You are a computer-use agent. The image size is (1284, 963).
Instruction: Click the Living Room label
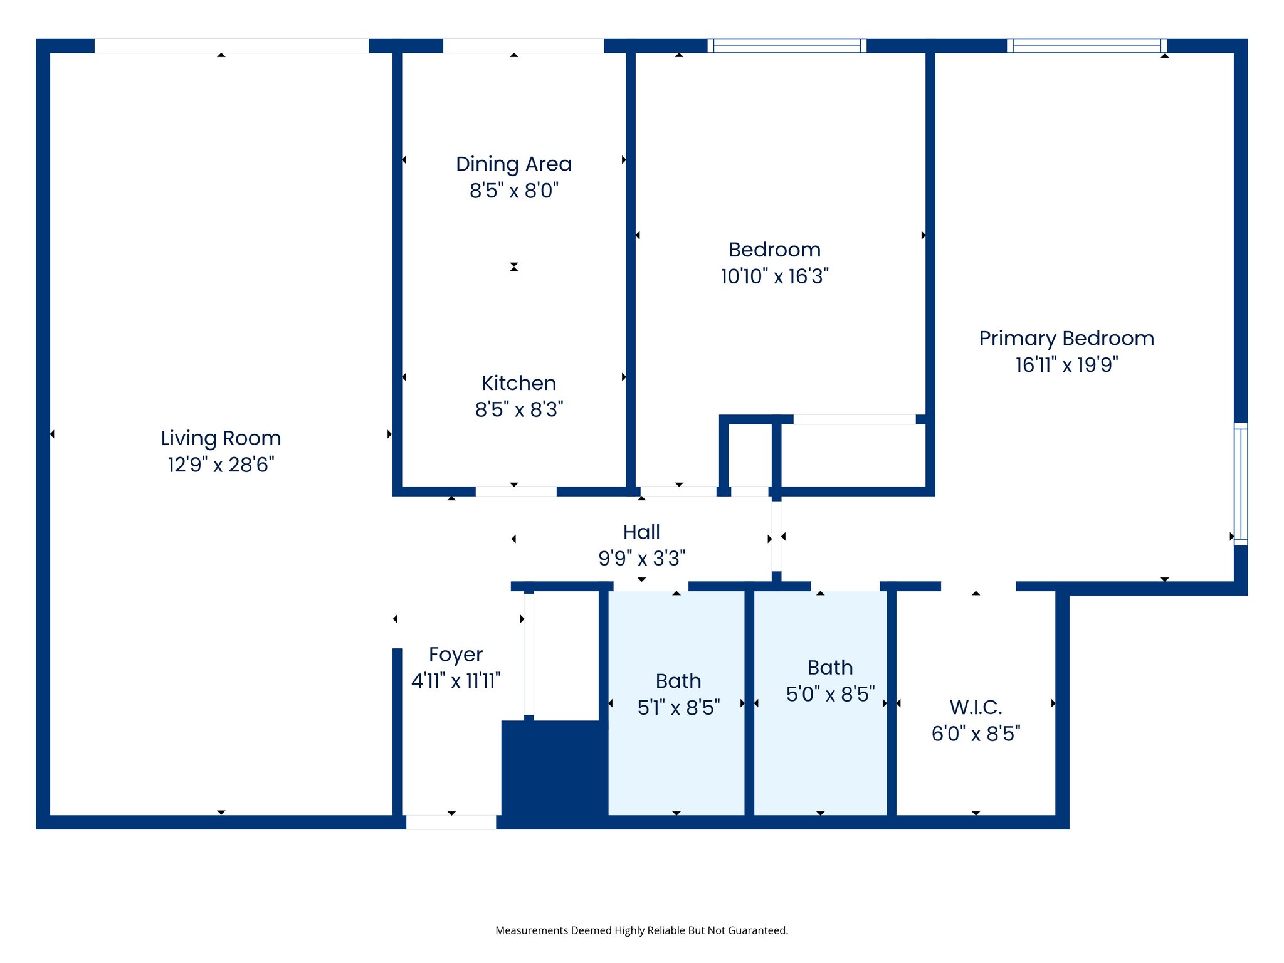tap(221, 438)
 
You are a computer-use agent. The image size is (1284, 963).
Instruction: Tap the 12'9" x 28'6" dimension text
tap(221, 465)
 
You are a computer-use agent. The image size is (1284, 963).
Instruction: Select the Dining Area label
tap(513, 164)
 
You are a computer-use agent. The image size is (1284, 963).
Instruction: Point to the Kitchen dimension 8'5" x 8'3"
tap(519, 409)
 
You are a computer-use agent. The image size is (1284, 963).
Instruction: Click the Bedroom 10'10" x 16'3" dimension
tap(774, 276)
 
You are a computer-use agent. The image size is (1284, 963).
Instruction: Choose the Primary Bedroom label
tap(1066, 338)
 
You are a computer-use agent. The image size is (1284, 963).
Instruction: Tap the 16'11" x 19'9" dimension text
tap(1066, 365)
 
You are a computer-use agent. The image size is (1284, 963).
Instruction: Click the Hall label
tap(641, 532)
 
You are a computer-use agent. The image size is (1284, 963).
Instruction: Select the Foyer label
tap(456, 655)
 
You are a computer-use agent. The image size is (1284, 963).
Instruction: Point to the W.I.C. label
tap(976, 707)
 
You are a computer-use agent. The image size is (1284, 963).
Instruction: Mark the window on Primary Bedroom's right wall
tap(1241, 484)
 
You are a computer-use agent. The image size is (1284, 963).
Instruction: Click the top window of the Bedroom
tap(787, 45)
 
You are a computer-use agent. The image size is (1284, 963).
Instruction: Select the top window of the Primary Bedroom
tap(1087, 45)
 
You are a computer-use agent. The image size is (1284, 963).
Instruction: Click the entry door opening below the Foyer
tap(451, 822)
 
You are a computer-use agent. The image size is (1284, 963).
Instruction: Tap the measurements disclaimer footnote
tap(641, 930)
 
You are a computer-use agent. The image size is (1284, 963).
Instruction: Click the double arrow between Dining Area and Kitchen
tap(514, 267)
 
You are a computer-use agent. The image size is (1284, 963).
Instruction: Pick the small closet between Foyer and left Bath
tap(566, 655)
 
